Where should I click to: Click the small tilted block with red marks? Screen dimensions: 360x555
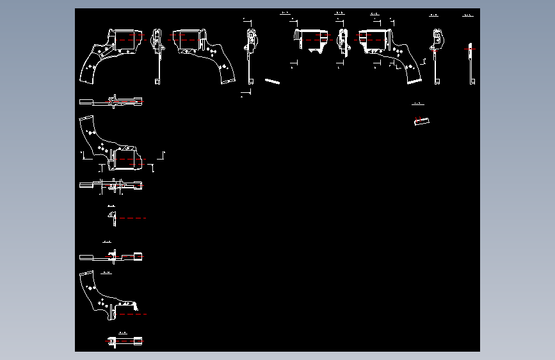coord(422,121)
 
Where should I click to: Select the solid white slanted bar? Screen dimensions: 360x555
coord(273,81)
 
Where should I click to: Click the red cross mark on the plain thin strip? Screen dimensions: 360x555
coord(471,49)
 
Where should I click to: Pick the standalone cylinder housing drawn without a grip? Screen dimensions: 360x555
coord(309,40)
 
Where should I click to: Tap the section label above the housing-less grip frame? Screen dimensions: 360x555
coord(107,273)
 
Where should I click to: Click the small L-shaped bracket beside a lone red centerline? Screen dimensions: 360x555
coord(112,218)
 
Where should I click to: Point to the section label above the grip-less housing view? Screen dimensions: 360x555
coord(286,12)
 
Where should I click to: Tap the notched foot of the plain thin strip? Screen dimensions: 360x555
coord(472,82)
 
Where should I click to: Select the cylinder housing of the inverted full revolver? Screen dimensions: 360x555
coord(128,158)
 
